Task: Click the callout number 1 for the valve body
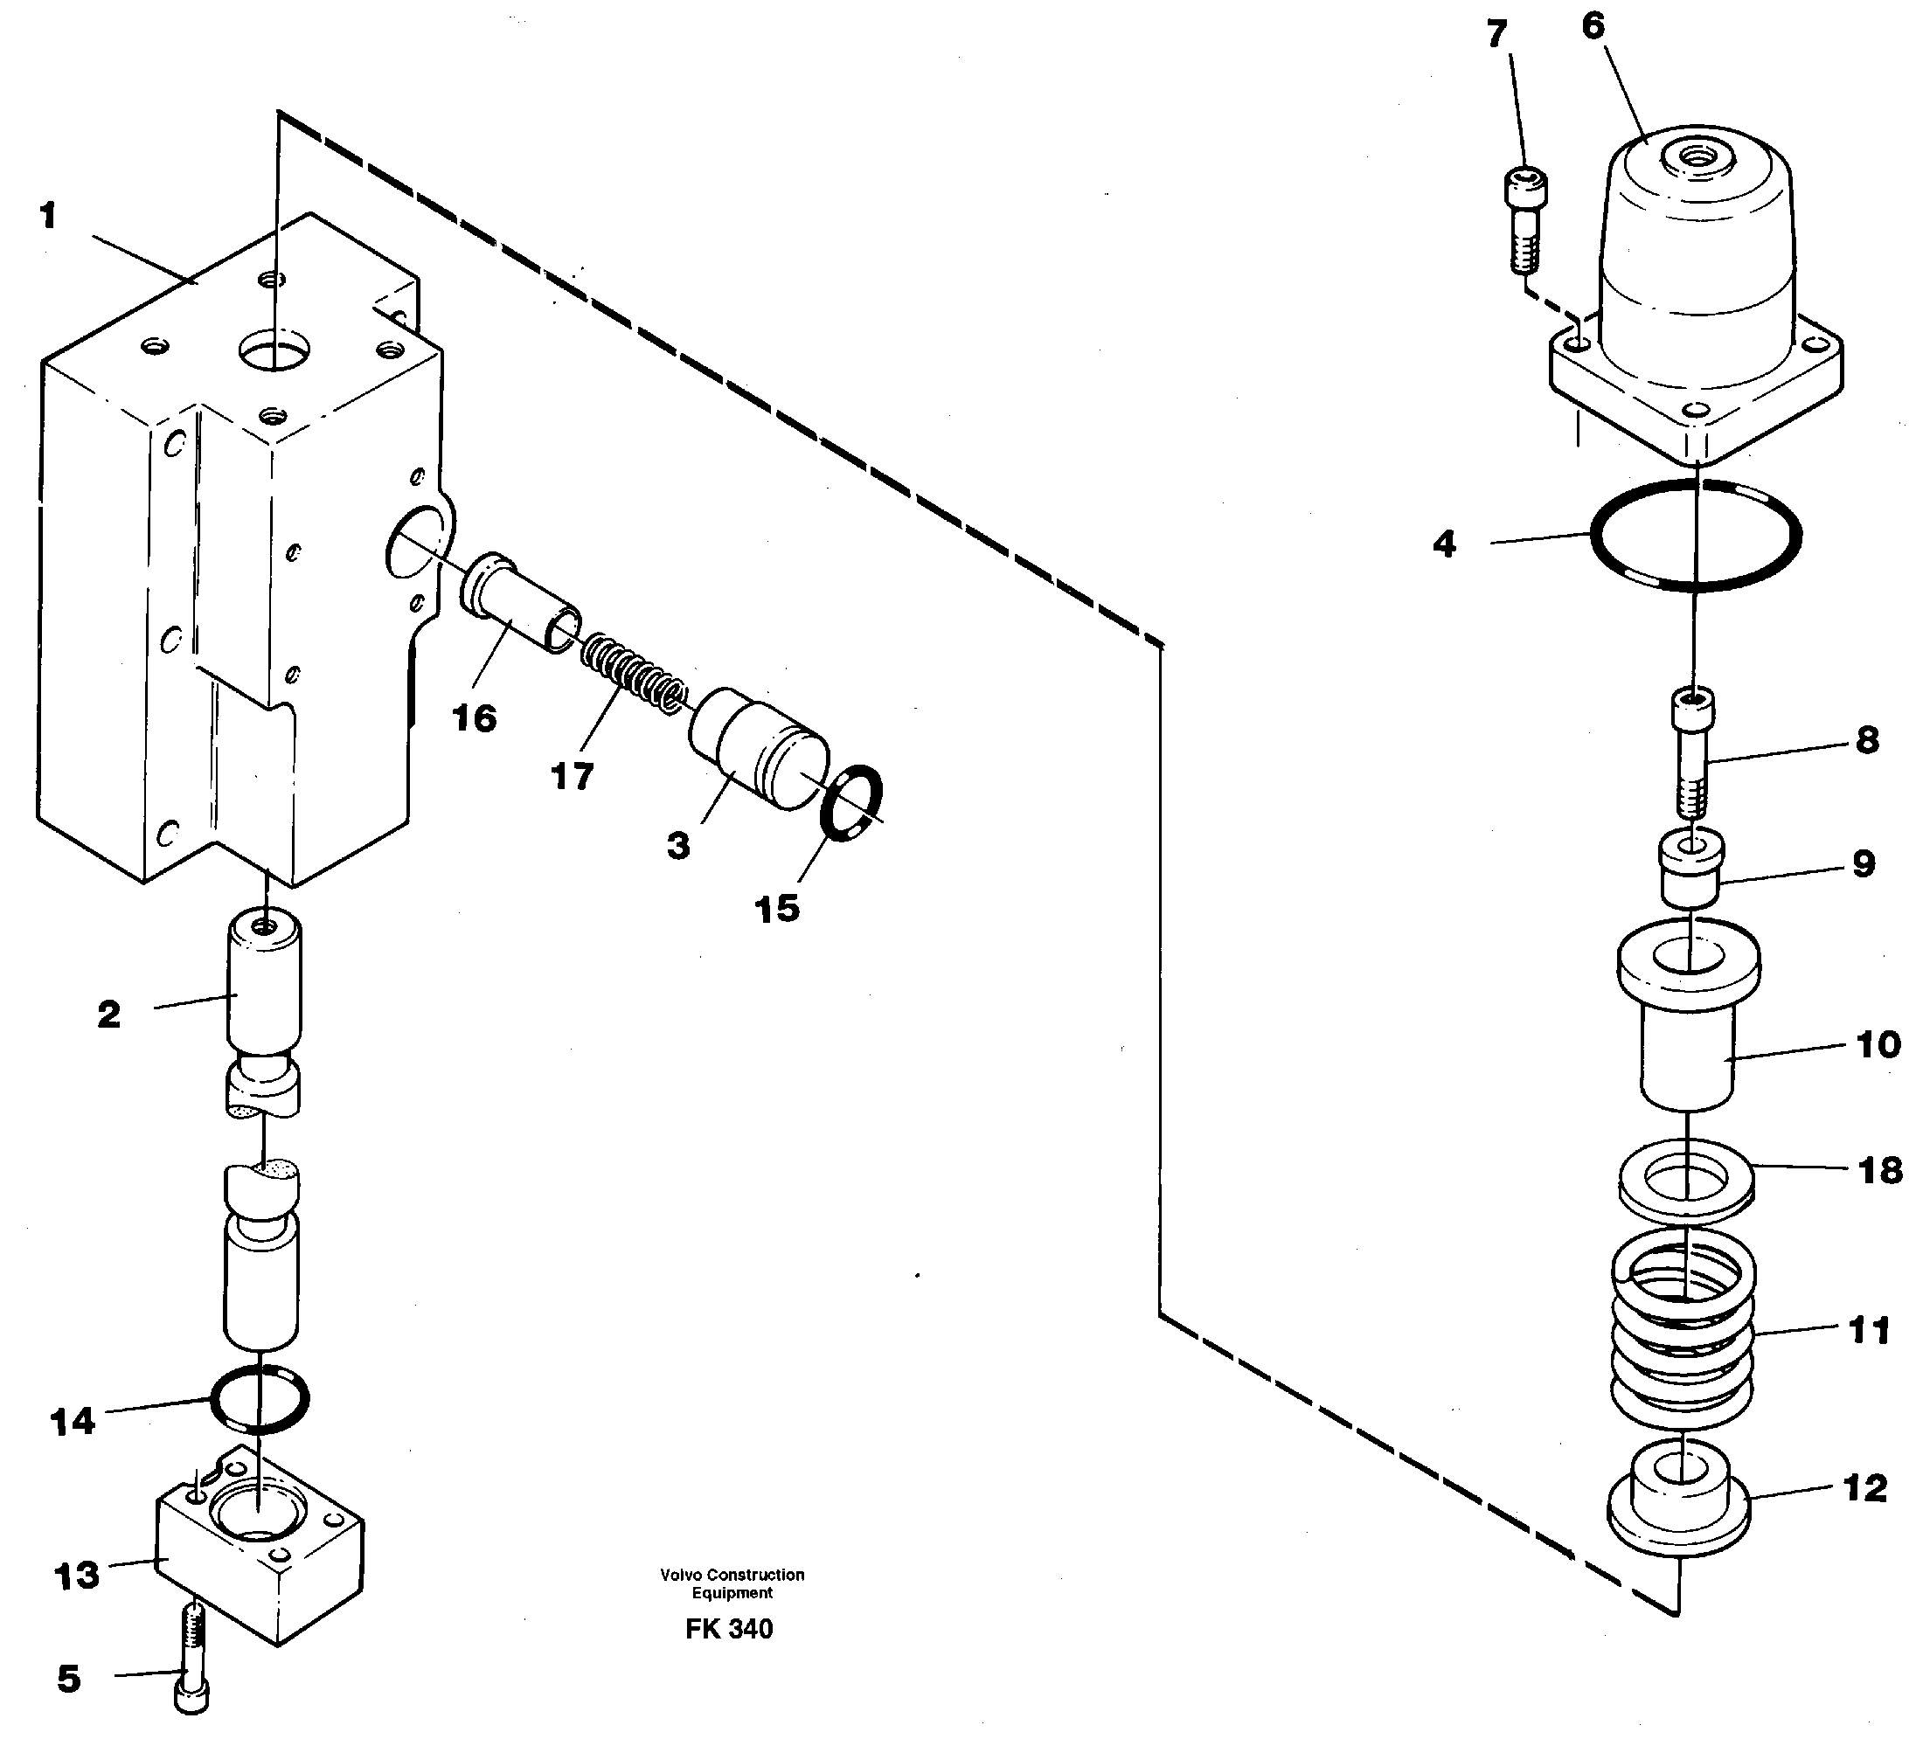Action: (48, 217)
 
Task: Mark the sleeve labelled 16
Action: (521, 604)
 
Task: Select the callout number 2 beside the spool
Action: (109, 1015)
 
